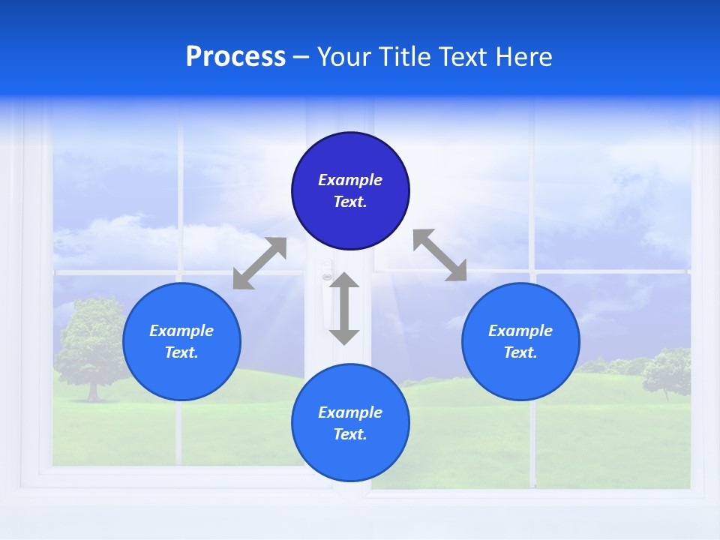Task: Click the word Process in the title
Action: tap(235, 57)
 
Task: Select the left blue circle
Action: tap(181, 367)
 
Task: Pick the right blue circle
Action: tap(520, 367)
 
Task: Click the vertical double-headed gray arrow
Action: tap(344, 308)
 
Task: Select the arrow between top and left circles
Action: tap(259, 263)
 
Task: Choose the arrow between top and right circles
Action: tap(439, 255)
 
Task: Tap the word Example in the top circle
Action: tap(350, 180)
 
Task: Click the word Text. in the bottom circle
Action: tap(350, 434)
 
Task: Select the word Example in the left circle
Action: tap(181, 331)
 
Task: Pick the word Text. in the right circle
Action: tap(520, 352)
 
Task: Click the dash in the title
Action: tap(301, 57)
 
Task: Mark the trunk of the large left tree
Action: tap(93, 390)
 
